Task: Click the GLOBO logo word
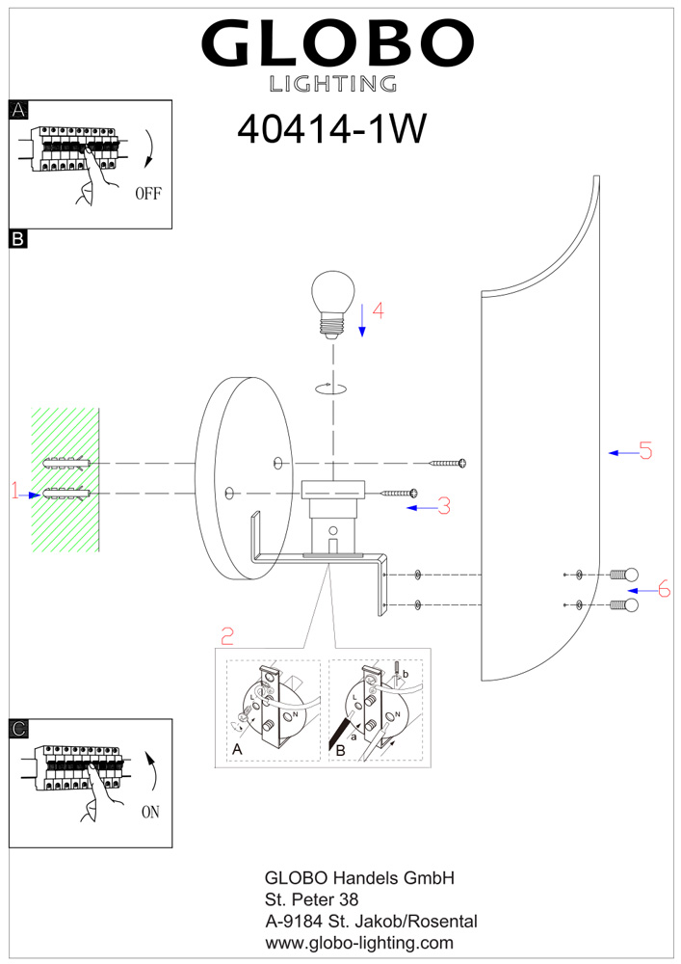[337, 42]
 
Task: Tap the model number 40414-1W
[330, 129]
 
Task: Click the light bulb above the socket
[333, 303]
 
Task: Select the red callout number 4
[378, 311]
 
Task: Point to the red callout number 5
[644, 450]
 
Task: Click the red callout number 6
[663, 589]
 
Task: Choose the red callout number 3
[443, 505]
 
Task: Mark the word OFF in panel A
[147, 193]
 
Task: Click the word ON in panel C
[150, 812]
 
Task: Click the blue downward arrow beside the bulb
[362, 319]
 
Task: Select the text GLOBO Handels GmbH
[358, 878]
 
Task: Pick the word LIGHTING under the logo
[333, 84]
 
